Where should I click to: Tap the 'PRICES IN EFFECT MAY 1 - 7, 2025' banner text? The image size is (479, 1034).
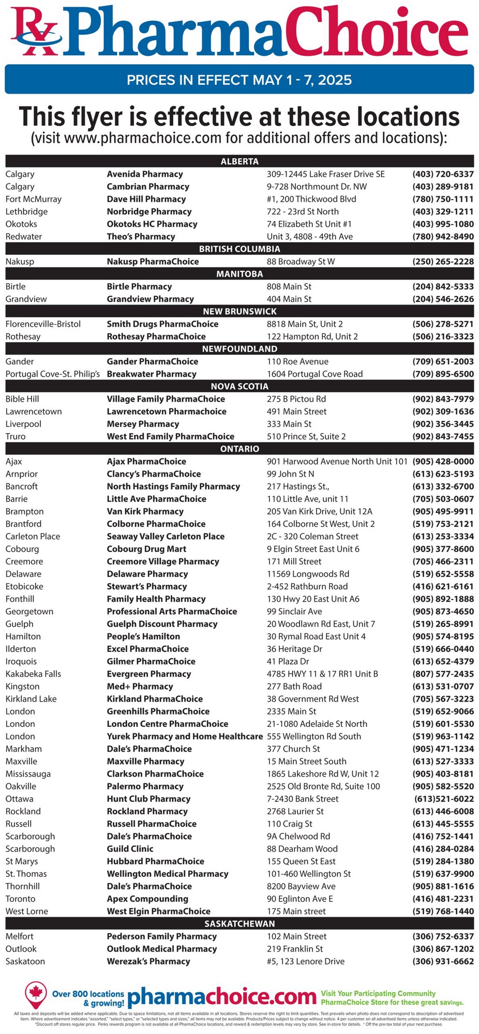(x=239, y=80)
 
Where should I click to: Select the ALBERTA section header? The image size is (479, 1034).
(x=239, y=161)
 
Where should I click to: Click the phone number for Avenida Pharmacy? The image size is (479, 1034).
(x=443, y=174)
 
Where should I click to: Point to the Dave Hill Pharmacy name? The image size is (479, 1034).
(x=146, y=199)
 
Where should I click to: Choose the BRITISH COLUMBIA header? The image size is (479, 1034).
(x=239, y=249)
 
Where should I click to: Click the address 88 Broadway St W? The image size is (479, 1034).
(x=301, y=262)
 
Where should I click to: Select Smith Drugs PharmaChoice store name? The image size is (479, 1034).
(x=162, y=324)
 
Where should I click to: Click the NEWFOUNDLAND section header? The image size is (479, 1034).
(x=239, y=349)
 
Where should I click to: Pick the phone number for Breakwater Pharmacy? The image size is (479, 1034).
(x=443, y=374)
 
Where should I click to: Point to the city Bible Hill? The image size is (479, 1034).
(x=22, y=399)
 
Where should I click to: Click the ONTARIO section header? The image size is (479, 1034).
(x=239, y=449)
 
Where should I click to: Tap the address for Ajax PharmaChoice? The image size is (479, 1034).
(x=337, y=461)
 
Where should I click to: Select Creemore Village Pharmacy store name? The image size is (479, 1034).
(x=163, y=561)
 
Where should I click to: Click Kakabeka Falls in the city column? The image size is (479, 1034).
(x=33, y=674)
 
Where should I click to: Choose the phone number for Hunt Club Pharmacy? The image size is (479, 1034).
(x=444, y=799)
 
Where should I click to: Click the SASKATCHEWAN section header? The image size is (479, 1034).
(x=239, y=923)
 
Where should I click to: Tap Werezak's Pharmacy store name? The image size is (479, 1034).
(x=148, y=961)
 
